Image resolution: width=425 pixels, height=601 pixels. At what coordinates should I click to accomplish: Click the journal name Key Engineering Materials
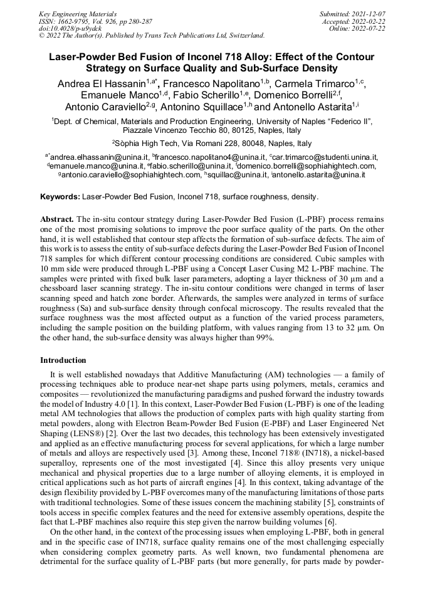tap(78, 13)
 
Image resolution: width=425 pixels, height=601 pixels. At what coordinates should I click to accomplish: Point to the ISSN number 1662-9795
tap(73, 21)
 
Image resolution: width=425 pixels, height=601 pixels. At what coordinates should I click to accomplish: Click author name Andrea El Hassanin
tap(101, 83)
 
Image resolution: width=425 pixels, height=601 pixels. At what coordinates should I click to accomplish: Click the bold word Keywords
tap(60, 196)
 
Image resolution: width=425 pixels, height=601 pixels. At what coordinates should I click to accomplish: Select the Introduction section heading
tap(63, 360)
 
